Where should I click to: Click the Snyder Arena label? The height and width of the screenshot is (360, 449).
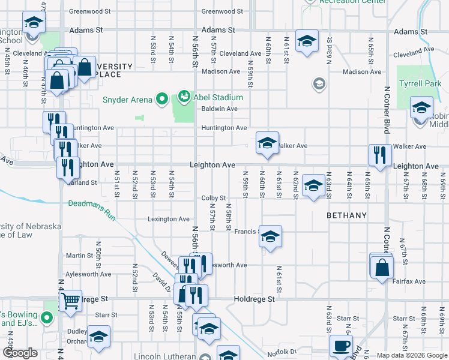[x=127, y=100]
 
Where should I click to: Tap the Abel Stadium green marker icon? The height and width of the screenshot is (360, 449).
[x=184, y=96]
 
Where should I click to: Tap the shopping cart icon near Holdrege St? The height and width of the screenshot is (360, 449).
[x=71, y=301]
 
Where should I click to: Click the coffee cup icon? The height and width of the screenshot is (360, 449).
[x=341, y=346]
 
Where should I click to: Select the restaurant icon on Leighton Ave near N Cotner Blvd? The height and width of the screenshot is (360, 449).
[x=379, y=155]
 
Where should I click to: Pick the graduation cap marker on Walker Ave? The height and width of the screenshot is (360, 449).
[x=267, y=143]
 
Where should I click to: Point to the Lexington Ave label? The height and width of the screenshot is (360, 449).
[x=169, y=219]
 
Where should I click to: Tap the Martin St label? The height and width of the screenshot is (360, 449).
[x=79, y=256]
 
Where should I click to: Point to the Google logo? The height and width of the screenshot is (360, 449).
[x=20, y=353]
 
